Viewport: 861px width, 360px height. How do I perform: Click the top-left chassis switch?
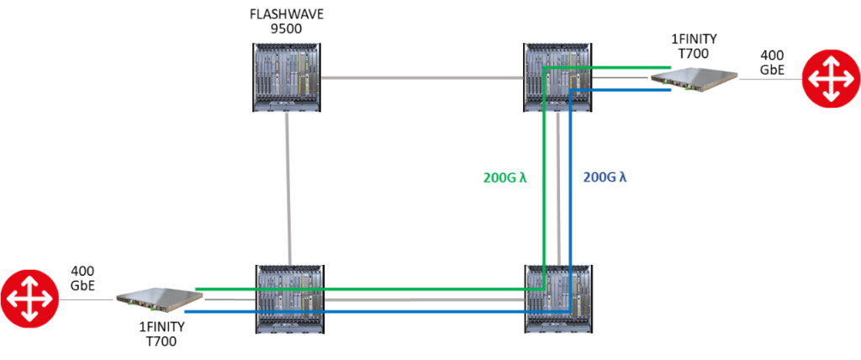coord(287,77)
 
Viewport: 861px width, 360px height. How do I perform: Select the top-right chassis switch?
coord(557,77)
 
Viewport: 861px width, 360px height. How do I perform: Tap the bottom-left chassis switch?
coord(289,299)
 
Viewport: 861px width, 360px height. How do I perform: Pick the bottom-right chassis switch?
coord(557,299)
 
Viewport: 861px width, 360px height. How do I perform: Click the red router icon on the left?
coord(29,299)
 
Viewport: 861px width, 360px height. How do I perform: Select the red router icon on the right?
coord(831,79)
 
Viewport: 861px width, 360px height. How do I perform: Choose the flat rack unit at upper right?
coord(695,79)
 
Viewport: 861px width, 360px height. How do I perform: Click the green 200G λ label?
coord(504,177)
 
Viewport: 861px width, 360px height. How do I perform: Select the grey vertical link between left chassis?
coord(288,188)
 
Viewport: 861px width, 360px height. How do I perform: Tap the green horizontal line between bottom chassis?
coord(420,289)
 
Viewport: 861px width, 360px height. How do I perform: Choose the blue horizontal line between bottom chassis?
coord(420,311)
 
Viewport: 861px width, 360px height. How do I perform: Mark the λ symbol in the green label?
coord(523,177)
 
